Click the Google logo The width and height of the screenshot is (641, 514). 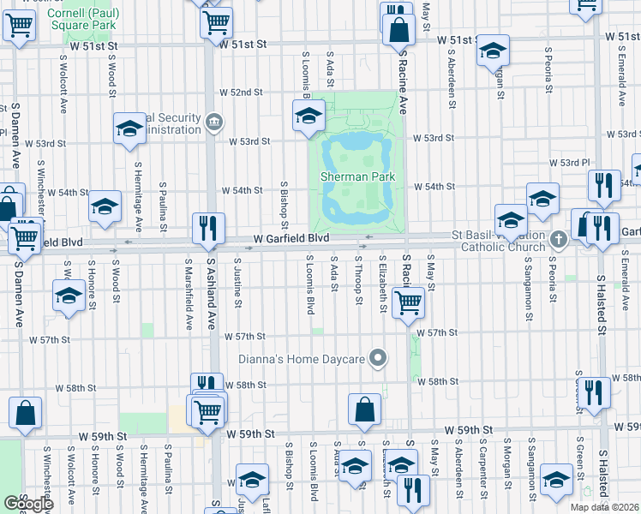click(28, 504)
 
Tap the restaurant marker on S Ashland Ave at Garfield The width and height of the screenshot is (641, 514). click(208, 228)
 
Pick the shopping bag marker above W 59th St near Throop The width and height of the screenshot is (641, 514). click(364, 409)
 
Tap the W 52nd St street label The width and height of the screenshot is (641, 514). click(241, 92)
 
